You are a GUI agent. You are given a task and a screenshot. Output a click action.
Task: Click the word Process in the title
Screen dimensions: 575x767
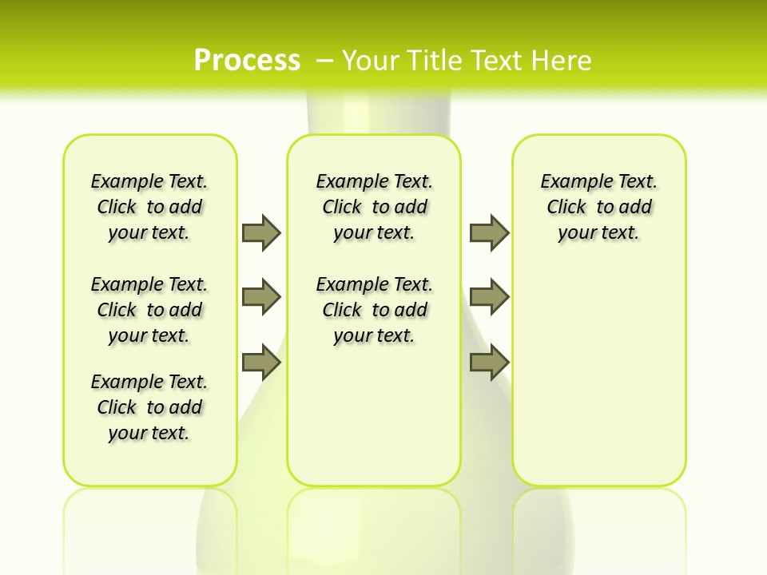coord(247,61)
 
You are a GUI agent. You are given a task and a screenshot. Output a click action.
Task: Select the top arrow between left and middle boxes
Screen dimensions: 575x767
coord(261,232)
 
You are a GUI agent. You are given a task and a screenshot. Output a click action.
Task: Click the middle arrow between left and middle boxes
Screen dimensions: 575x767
coord(261,297)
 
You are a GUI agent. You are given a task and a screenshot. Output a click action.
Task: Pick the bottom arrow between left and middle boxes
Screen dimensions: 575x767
coord(261,363)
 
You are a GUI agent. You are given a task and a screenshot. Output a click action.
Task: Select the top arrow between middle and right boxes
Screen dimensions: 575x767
coord(489,232)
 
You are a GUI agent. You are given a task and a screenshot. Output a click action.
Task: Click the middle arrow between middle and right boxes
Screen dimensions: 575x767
coord(489,297)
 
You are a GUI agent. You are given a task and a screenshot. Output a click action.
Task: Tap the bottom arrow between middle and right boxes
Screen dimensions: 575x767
coord(489,363)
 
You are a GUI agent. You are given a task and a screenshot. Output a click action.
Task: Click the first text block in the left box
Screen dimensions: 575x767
coord(149,207)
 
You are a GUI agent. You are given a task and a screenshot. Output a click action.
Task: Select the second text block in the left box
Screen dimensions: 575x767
coord(149,310)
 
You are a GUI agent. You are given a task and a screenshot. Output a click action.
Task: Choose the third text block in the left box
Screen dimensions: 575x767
coord(149,407)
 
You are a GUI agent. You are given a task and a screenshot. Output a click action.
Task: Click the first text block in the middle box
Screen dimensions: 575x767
coord(375,207)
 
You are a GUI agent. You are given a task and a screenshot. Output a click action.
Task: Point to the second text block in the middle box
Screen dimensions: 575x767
coord(375,310)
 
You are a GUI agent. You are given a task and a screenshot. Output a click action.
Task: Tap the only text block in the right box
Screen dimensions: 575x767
coord(599,207)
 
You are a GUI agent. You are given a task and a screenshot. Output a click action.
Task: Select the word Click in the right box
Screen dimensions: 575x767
coord(566,208)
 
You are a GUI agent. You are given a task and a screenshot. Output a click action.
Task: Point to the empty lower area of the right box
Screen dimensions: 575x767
coord(599,383)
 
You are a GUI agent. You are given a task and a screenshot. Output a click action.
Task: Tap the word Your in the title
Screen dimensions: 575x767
coord(372,61)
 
